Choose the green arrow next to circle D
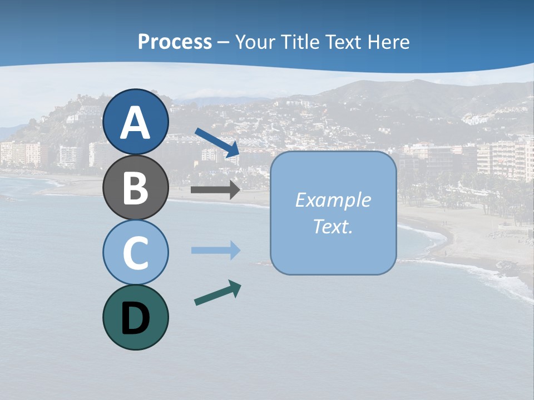point(217,293)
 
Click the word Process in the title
point(175,42)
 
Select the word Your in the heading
point(254,42)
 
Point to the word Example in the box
point(333,200)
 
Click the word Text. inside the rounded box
point(333,226)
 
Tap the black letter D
point(136,318)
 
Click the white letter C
point(136,253)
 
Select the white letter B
point(136,188)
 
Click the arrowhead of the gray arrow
point(234,190)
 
